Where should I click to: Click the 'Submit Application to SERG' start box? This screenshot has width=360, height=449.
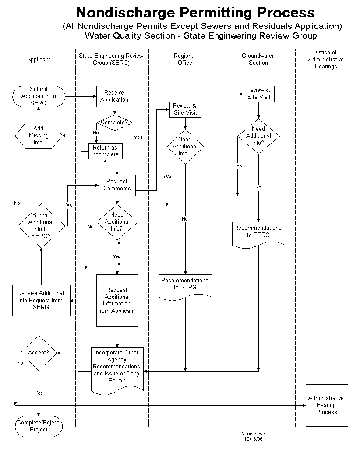click(x=39, y=96)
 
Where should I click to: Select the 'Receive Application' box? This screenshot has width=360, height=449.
click(x=114, y=96)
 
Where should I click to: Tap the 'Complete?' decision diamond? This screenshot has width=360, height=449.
click(x=114, y=123)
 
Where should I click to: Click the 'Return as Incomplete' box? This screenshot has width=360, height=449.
click(x=105, y=151)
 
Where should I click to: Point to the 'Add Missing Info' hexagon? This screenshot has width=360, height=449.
click(x=39, y=136)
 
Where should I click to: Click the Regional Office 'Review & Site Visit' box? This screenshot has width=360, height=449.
click(x=185, y=109)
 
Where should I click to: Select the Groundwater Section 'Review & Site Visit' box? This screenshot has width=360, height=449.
click(x=258, y=94)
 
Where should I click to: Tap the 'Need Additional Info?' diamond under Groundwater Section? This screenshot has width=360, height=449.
click(x=258, y=136)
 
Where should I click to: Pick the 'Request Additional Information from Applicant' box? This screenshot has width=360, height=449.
click(x=117, y=300)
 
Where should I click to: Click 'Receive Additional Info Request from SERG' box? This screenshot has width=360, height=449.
click(x=41, y=300)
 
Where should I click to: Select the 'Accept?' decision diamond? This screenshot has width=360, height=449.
click(x=39, y=353)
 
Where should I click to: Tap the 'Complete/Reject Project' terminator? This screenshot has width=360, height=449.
click(x=39, y=426)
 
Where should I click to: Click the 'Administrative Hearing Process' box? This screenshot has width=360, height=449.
click(x=326, y=405)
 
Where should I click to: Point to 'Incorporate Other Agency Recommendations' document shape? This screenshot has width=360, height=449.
click(x=117, y=367)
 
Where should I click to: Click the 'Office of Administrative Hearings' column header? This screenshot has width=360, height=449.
click(x=326, y=60)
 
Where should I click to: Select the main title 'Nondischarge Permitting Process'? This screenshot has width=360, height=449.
click(x=195, y=12)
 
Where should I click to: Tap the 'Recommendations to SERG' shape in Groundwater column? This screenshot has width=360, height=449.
click(x=258, y=232)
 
